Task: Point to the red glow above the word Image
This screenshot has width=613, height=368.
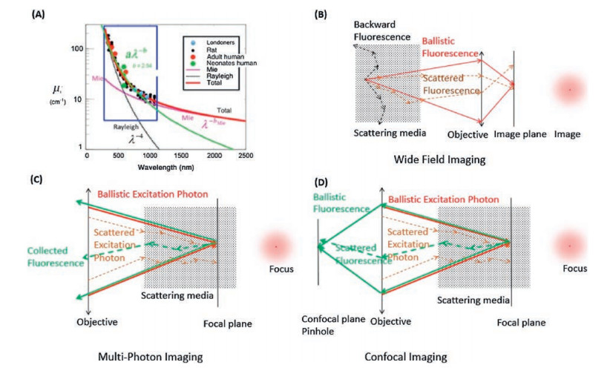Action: (570, 90)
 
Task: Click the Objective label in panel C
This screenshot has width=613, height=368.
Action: (96, 322)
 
